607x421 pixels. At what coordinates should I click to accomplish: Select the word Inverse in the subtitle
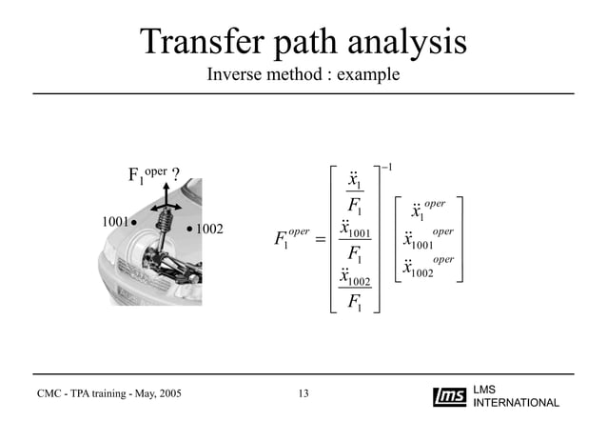(238, 73)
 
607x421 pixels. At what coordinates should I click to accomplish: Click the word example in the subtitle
(370, 73)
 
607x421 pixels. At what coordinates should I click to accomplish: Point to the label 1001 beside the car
(115, 222)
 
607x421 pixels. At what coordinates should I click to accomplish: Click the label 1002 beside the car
(209, 229)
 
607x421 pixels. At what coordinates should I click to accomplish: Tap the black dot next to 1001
(134, 222)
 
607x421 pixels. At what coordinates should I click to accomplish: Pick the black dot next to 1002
(189, 229)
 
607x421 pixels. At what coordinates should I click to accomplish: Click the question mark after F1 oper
(177, 174)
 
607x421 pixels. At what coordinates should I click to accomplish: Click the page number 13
(303, 393)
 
